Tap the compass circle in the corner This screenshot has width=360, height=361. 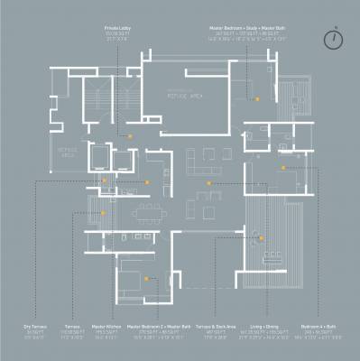[335, 41]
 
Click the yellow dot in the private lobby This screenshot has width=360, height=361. [131, 135]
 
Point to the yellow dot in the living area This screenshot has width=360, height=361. [208, 183]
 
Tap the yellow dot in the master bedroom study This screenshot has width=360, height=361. [258, 97]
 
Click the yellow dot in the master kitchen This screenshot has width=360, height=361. [104, 214]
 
